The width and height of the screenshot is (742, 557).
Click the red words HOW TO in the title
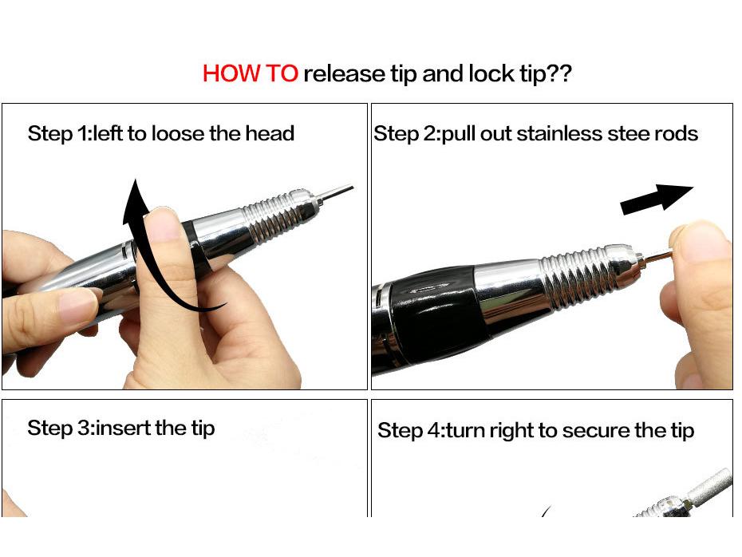(x=250, y=74)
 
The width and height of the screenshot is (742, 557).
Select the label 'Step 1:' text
(x=60, y=133)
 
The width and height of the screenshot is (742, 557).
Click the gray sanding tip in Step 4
(x=714, y=484)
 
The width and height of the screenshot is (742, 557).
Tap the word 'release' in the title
(x=344, y=74)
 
